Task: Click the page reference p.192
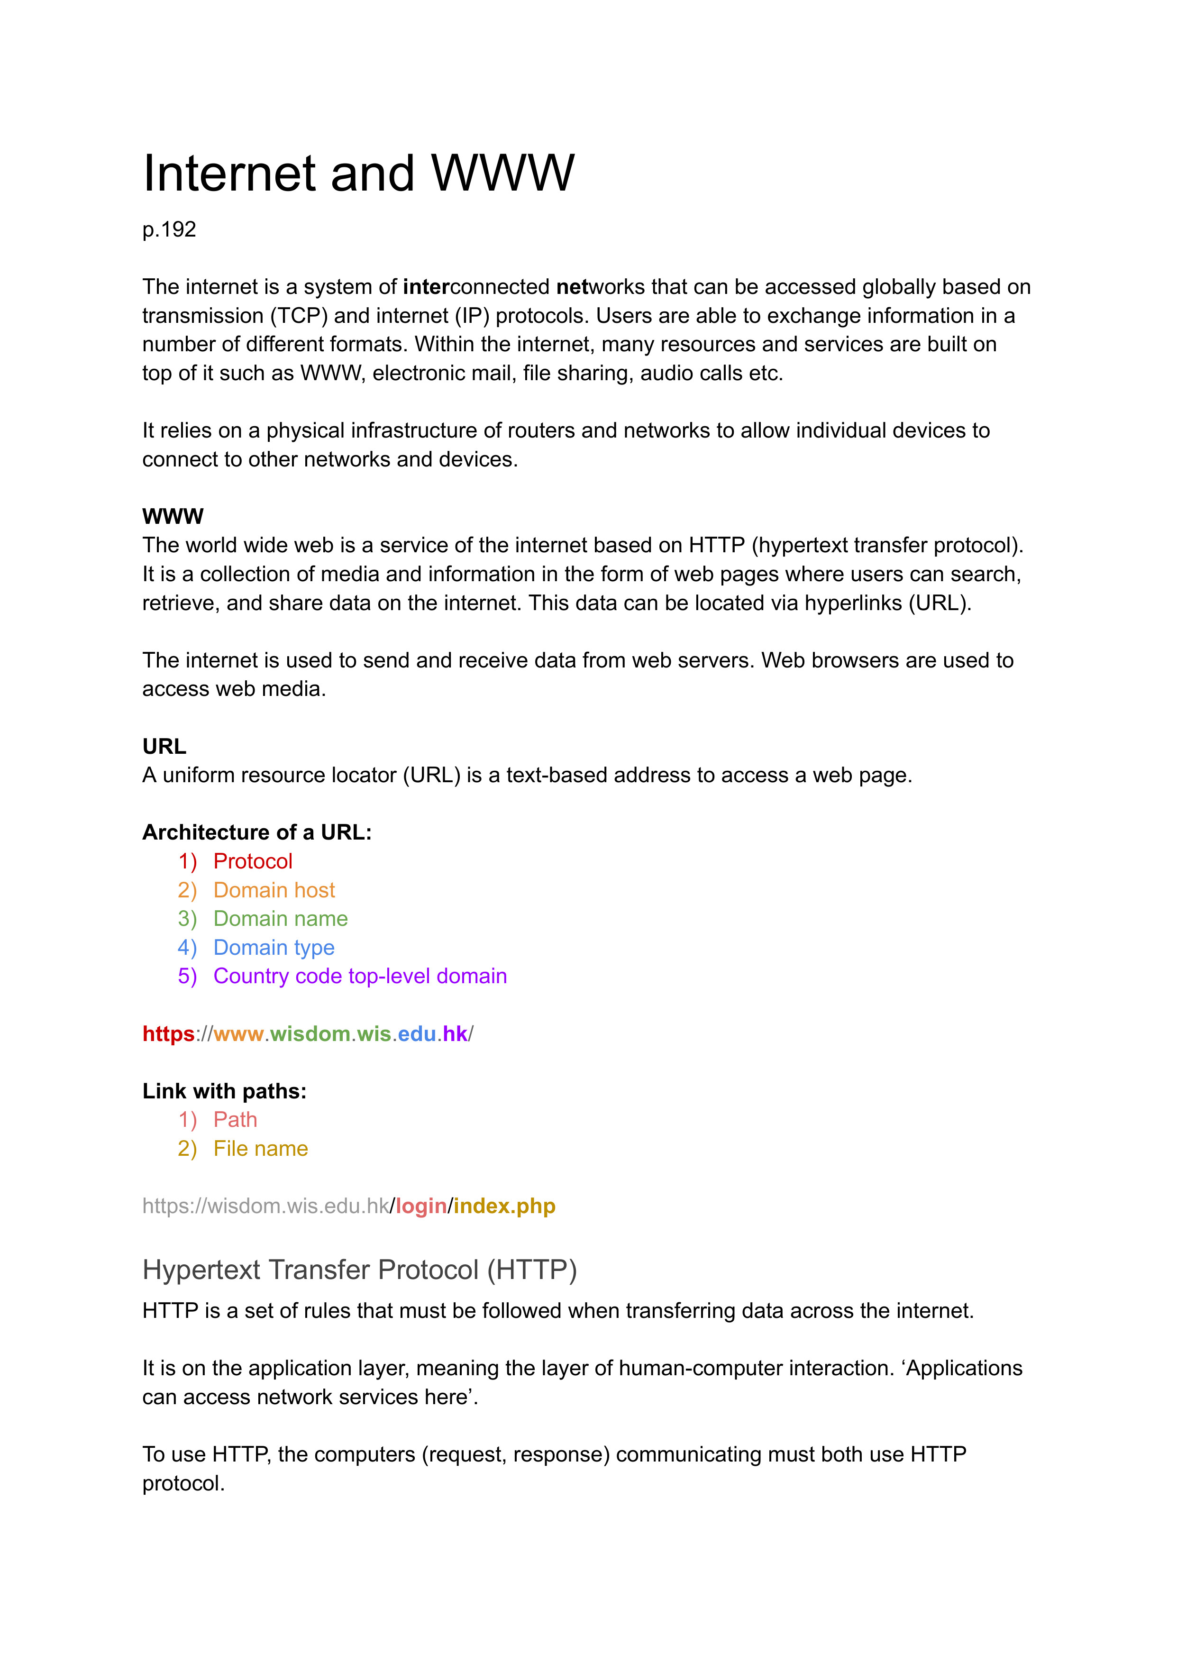pos(169,230)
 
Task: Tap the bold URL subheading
pos(164,746)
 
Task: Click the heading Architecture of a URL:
pos(256,832)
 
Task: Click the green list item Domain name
pos(281,919)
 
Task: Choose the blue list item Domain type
pos(274,947)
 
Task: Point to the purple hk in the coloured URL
pos(455,1033)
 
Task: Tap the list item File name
pos(260,1149)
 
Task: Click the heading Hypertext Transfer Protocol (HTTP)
pos(359,1270)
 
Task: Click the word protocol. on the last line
pos(183,1483)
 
